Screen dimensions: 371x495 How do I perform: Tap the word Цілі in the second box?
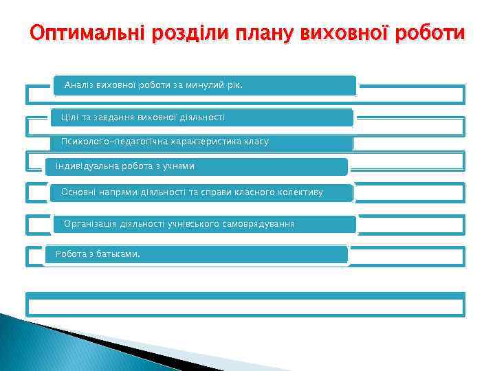(x=70, y=117)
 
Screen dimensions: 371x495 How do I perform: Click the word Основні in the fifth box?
(x=78, y=192)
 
